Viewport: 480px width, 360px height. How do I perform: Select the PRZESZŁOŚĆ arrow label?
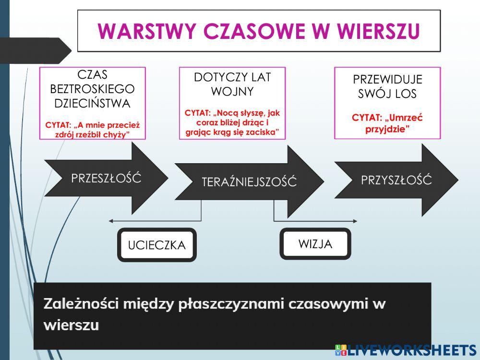pos(106,179)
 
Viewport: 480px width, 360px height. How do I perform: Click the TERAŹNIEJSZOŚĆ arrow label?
pos(249,182)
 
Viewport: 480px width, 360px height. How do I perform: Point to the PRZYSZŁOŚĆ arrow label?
pos(396,180)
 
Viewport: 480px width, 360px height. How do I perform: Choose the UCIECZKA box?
pos(156,245)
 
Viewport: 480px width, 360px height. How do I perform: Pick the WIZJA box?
pos(315,243)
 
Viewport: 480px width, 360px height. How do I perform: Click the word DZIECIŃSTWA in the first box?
pos(92,103)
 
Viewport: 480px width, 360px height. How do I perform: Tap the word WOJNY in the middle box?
pos(232,91)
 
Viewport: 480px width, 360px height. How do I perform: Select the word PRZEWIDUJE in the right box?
pos(387,80)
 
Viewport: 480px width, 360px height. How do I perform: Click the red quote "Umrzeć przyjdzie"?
pos(387,123)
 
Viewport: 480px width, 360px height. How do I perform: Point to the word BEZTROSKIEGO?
pos(92,89)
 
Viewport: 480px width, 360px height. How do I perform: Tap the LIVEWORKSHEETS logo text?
pos(410,350)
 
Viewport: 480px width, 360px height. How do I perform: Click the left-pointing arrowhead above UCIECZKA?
pos(111,221)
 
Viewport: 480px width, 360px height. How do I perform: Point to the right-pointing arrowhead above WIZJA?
pos(355,221)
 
